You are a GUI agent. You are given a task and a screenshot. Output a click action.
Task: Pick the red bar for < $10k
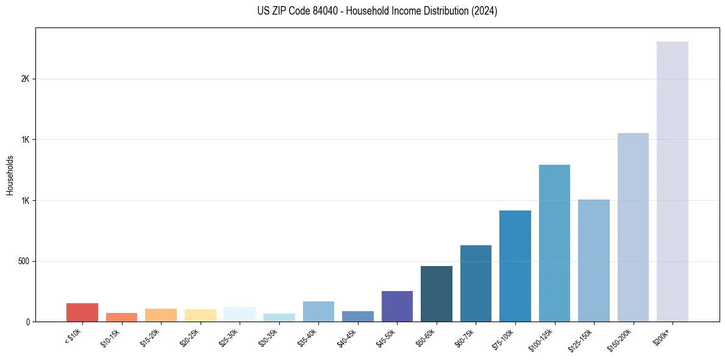click(x=82, y=312)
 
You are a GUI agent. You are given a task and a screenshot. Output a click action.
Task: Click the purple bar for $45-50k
click(x=397, y=306)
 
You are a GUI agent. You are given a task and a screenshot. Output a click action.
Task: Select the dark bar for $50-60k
click(x=437, y=293)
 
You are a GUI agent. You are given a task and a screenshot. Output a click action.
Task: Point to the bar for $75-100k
click(x=515, y=266)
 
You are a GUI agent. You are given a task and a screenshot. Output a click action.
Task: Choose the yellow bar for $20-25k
click(x=200, y=315)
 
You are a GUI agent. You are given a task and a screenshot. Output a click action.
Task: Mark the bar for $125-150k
click(x=594, y=261)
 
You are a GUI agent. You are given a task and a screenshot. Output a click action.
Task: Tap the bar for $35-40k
click(x=318, y=311)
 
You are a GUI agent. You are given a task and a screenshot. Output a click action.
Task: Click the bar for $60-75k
click(x=476, y=283)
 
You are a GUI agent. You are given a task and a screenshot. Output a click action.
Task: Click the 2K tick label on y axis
click(x=25, y=79)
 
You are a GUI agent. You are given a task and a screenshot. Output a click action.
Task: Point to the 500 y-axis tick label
click(x=23, y=261)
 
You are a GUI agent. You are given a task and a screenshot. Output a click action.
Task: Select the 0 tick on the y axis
click(x=27, y=322)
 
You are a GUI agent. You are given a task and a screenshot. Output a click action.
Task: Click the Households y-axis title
click(x=10, y=175)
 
